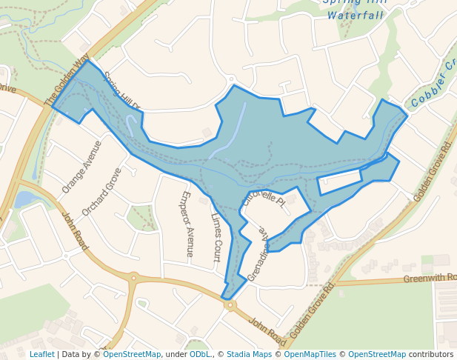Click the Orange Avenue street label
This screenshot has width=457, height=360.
point(82,167)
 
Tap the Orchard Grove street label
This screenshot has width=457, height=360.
point(102,191)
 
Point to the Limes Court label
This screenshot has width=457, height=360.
point(216,238)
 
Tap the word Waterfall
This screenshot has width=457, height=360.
point(356,15)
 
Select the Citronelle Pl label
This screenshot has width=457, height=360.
point(263,199)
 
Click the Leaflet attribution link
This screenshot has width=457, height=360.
point(41,354)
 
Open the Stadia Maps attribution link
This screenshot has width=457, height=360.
point(249,354)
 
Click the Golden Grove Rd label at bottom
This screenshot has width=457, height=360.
point(312,310)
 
